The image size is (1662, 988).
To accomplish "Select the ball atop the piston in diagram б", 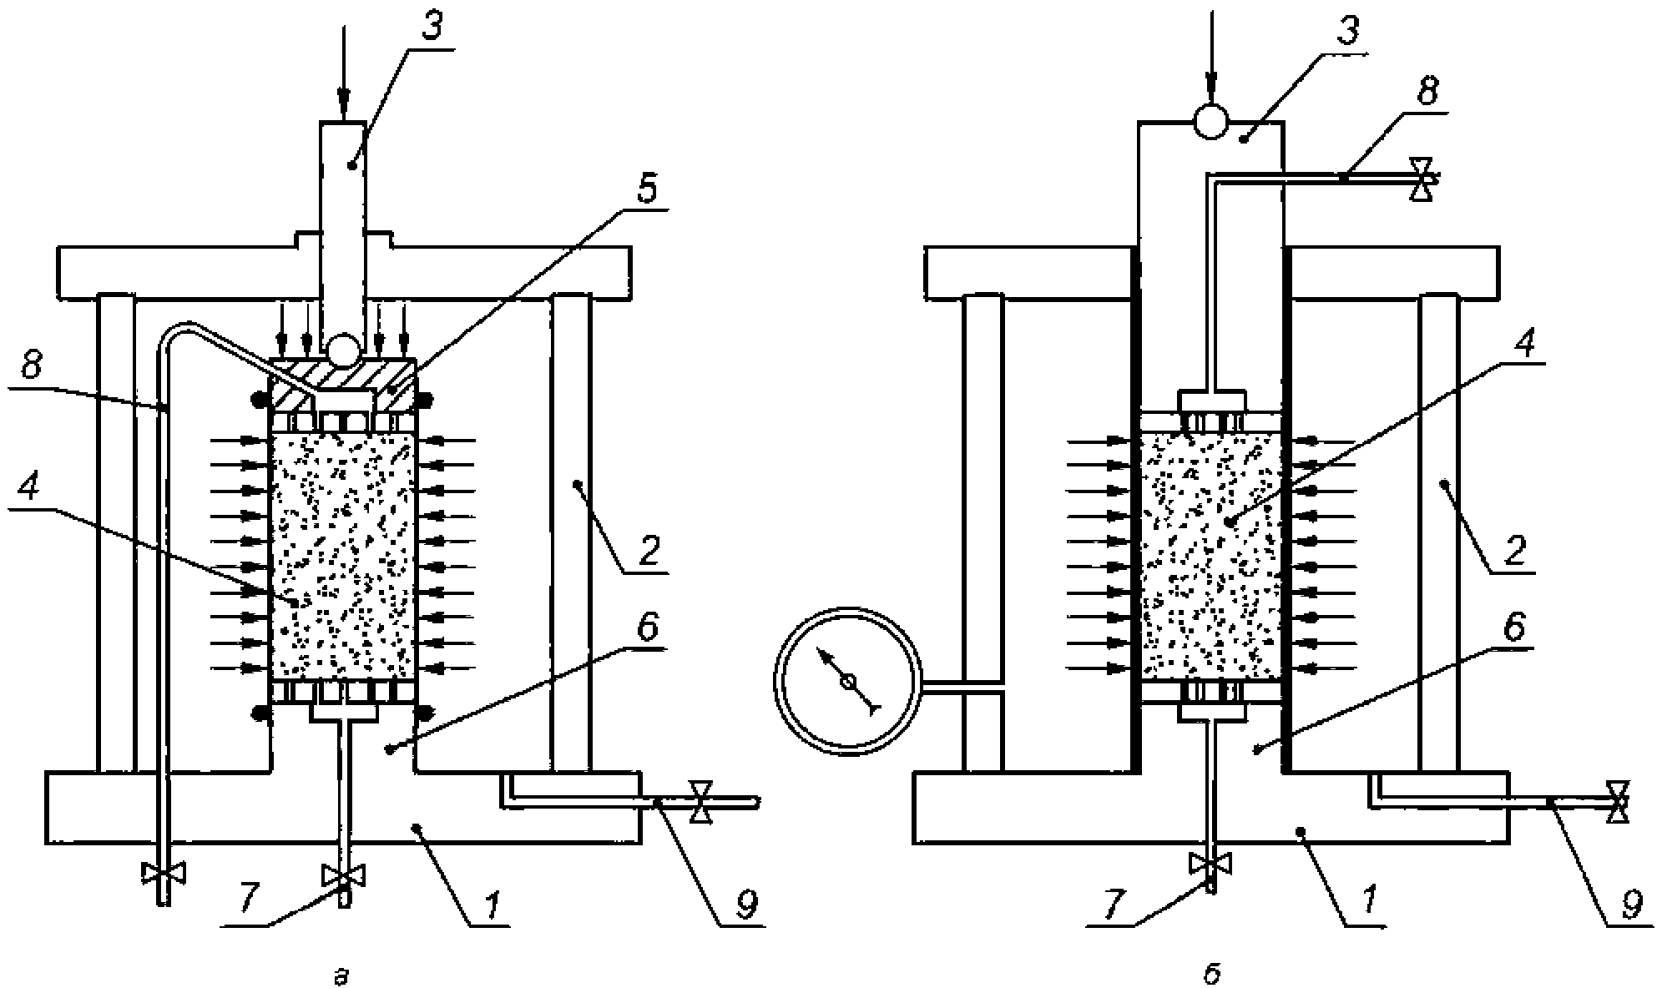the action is (1211, 122).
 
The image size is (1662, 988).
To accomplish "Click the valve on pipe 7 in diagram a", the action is (343, 875).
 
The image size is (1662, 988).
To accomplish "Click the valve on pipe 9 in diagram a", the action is (700, 802).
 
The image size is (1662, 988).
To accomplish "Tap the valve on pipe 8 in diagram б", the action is (1420, 179).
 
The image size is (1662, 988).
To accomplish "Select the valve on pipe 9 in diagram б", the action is (1618, 802).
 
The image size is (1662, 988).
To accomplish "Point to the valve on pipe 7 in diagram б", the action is (1211, 863).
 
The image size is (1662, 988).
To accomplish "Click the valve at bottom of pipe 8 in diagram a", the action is (164, 873).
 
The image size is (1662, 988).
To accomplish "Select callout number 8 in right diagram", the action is (1428, 91).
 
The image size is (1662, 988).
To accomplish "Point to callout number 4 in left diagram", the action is (29, 490).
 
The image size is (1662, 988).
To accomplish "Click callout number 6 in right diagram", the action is (1515, 626).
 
